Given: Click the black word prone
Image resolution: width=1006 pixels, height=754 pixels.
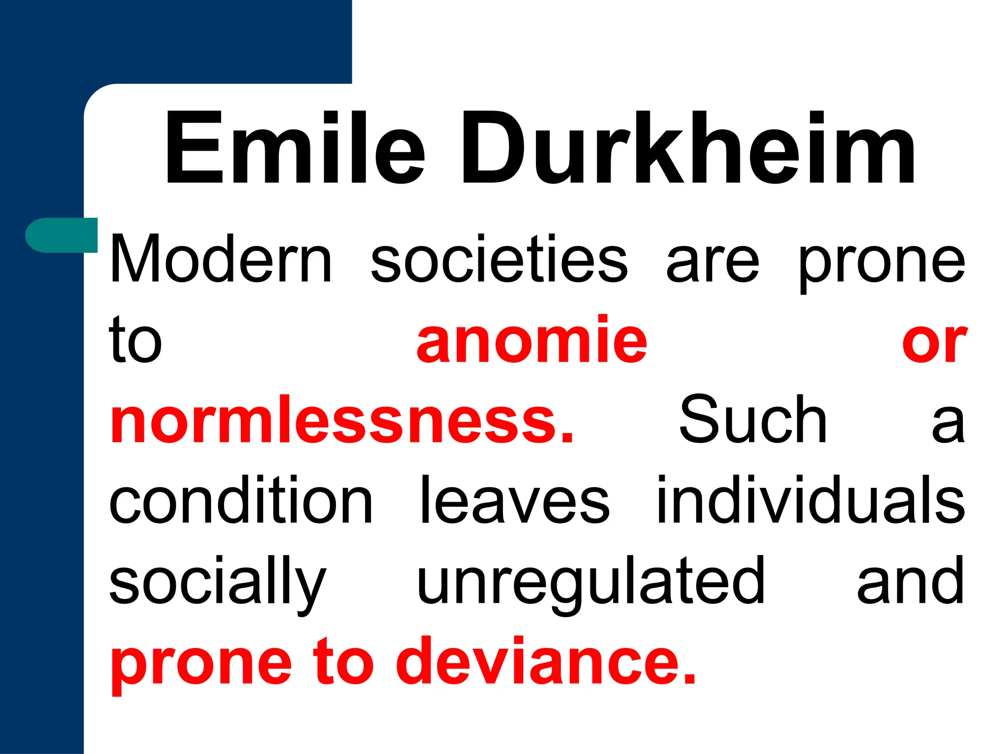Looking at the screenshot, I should pos(882,265).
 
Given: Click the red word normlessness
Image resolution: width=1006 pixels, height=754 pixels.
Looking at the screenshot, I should pos(342,420).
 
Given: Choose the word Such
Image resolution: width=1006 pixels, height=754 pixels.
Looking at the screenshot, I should pos(753,420).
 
